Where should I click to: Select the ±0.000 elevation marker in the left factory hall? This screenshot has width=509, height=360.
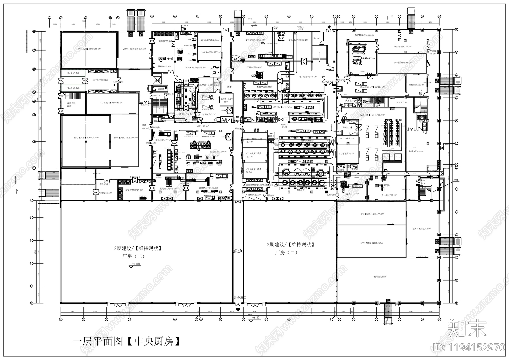pyautogui.click(x=135, y=264)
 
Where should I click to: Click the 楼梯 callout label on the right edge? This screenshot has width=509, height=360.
pyautogui.click(x=456, y=180)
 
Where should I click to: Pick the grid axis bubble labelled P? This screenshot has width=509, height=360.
pyautogui.click(x=456, y=29)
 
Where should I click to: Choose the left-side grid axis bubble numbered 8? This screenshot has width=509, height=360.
pyautogui.click(x=34, y=31)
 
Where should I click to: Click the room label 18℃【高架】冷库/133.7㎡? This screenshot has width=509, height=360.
pyautogui.click(x=88, y=49)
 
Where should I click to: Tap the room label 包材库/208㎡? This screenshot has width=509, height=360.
pyautogui.click(x=380, y=277)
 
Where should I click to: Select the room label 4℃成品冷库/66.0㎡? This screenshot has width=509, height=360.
pyautogui.click(x=402, y=62)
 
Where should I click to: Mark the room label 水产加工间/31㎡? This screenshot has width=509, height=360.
pyautogui.click(x=101, y=80)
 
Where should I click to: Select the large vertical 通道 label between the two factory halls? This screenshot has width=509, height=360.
pyautogui.click(x=238, y=251)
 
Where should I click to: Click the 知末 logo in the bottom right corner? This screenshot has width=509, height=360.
pyautogui.click(x=467, y=329)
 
